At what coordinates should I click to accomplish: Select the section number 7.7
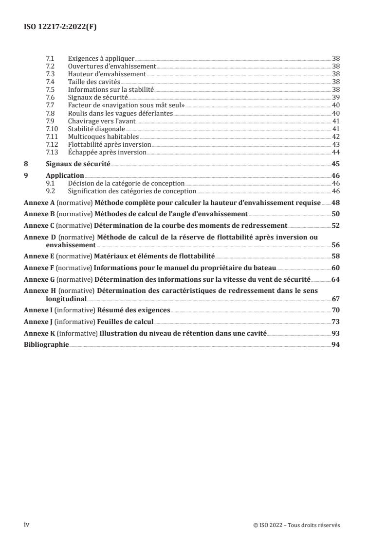click(x=50, y=105)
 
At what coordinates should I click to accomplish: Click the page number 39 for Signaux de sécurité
click(x=336, y=97)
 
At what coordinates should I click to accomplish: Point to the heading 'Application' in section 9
click(x=65, y=175)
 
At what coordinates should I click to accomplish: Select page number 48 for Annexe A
click(x=336, y=202)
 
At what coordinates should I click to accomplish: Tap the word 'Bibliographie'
click(x=46, y=344)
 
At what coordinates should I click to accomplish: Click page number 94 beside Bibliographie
click(x=336, y=344)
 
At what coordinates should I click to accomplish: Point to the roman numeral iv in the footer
click(x=27, y=525)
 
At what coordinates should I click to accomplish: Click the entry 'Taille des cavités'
click(x=94, y=82)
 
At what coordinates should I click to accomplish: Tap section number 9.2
click(x=50, y=191)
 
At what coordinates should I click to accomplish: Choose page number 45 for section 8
click(x=336, y=164)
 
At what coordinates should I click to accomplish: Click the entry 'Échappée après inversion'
click(x=107, y=152)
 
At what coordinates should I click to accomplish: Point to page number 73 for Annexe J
click(x=336, y=321)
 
